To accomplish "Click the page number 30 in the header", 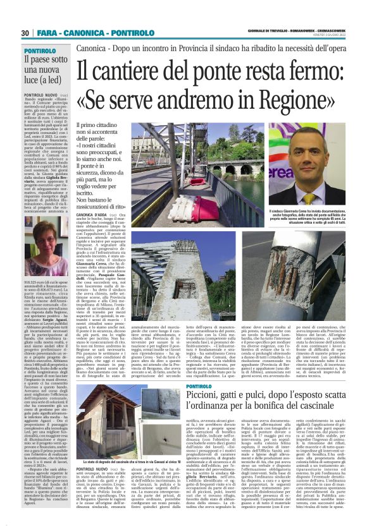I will pyautogui.click(x=25, y=33).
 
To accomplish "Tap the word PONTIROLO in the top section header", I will pyautogui.click(x=134, y=33).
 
